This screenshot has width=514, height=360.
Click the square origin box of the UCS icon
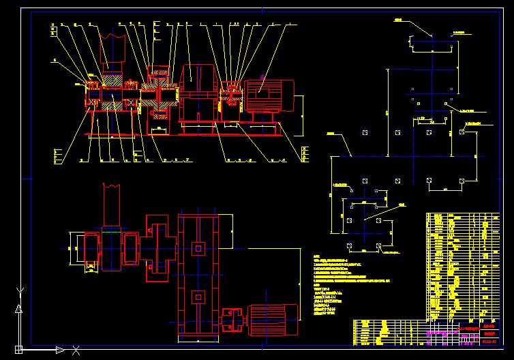[x=18, y=350]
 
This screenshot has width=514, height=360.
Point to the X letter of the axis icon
[x=76, y=350]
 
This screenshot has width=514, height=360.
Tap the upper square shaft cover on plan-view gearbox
[x=198, y=249]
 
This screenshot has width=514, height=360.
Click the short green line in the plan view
[x=110, y=232]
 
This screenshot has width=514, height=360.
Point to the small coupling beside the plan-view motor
[x=232, y=320]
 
